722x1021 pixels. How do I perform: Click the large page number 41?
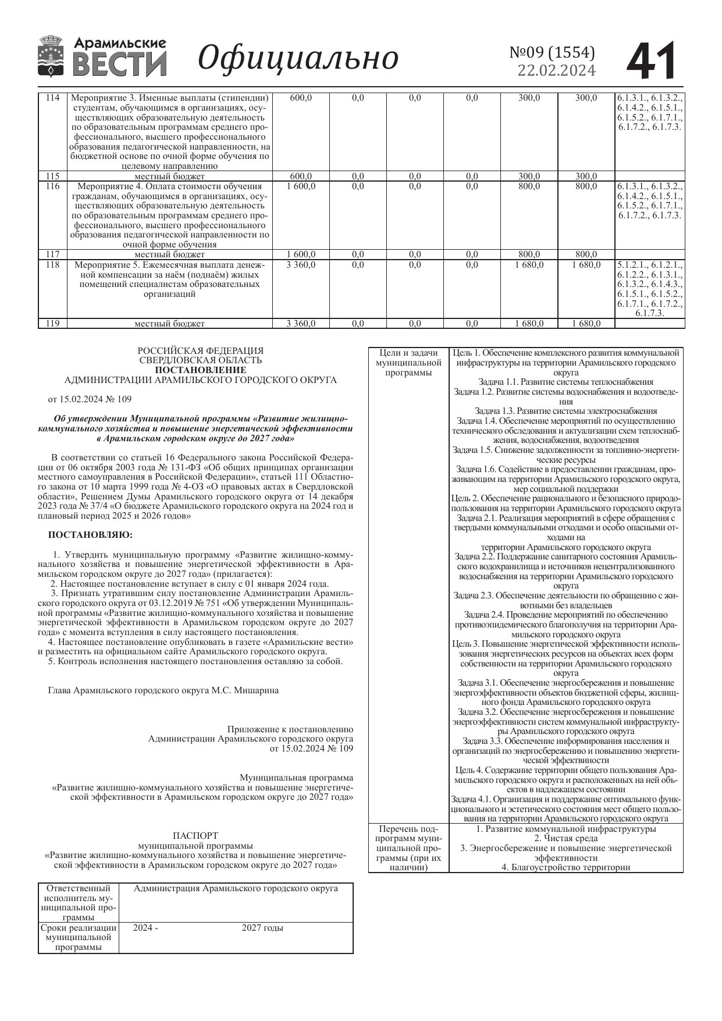pyautogui.click(x=652, y=61)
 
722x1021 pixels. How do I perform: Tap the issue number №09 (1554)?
pyautogui.click(x=552, y=52)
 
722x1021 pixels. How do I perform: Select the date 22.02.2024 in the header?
pyautogui.click(x=556, y=70)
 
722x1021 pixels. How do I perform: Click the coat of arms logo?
pyautogui.click(x=51, y=56)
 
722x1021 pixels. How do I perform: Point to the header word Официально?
pyautogui.click(x=298, y=58)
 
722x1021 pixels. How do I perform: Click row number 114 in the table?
pyautogui.click(x=52, y=98)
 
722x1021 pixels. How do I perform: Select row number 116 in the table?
pyautogui.click(x=52, y=186)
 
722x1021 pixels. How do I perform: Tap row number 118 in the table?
pyautogui.click(x=52, y=265)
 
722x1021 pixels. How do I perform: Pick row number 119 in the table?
pyautogui.click(x=52, y=324)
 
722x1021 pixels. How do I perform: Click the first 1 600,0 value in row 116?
pyautogui.click(x=301, y=186)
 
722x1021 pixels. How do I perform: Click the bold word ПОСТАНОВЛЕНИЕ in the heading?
pyautogui.click(x=200, y=370)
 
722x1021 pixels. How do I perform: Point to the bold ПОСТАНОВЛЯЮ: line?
pyautogui.click(x=90, y=534)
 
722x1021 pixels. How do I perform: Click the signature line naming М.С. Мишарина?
pyautogui.click(x=163, y=690)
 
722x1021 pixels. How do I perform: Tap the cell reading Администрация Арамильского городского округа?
pyautogui.click(x=236, y=889)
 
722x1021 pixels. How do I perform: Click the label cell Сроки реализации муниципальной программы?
pyautogui.click(x=79, y=937)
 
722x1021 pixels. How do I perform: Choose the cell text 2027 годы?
pyautogui.click(x=262, y=928)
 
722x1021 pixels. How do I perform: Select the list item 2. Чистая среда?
pyautogui.click(x=565, y=838)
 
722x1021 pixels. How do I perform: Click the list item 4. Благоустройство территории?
pyautogui.click(x=565, y=867)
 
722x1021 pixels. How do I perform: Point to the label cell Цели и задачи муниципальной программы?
pyautogui.click(x=408, y=363)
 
